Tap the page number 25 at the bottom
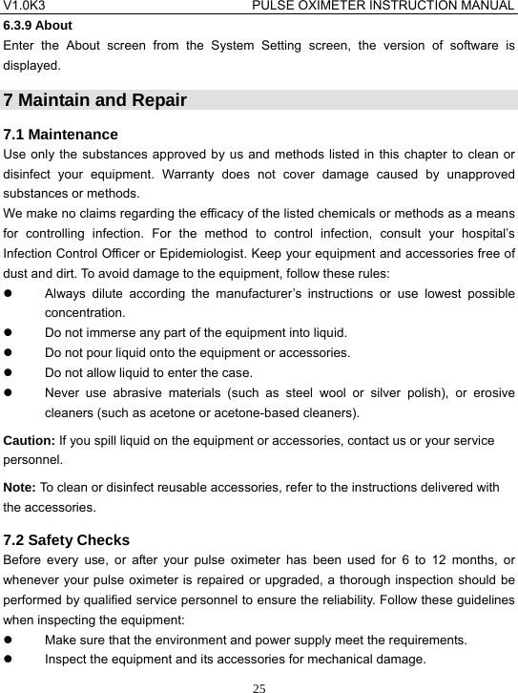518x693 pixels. point(259,683)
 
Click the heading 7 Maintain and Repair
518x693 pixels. point(95,100)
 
